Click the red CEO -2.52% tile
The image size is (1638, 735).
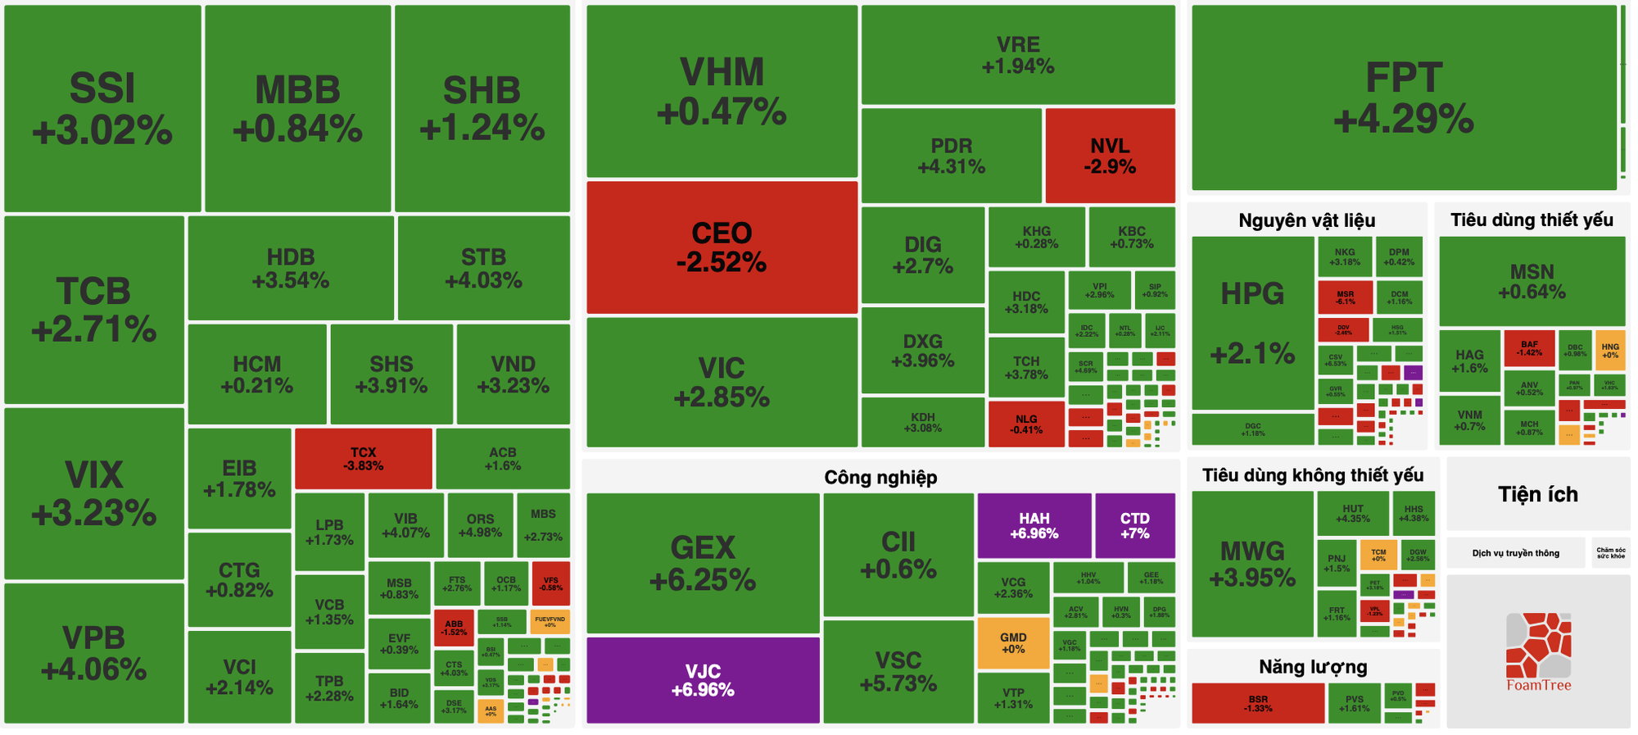tap(722, 247)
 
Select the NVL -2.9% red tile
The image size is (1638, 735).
tap(1110, 156)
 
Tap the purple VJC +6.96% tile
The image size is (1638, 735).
tap(703, 680)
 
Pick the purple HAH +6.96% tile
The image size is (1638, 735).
tap(1034, 525)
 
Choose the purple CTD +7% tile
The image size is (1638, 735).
tap(1134, 525)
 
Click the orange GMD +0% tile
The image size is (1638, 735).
tap(1013, 642)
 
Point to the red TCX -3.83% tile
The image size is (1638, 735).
tap(363, 458)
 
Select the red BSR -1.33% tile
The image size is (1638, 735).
tap(1257, 703)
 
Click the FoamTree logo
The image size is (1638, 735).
tap(1538, 651)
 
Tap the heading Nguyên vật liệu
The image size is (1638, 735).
tap(1306, 220)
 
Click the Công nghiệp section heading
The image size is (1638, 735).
tap(880, 478)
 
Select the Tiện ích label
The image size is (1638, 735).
tap(1537, 494)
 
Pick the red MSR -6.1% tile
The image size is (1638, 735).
tap(1345, 297)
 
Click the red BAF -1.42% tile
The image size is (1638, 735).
tap(1529, 348)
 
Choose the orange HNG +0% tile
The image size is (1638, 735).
tap(1609, 351)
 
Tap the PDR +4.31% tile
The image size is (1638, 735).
tap(951, 156)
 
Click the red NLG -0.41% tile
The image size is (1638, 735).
tap(1025, 424)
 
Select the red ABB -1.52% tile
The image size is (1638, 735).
tap(454, 628)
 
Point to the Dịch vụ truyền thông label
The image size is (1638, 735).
tap(1515, 553)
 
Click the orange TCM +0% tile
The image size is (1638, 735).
tap(1378, 555)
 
